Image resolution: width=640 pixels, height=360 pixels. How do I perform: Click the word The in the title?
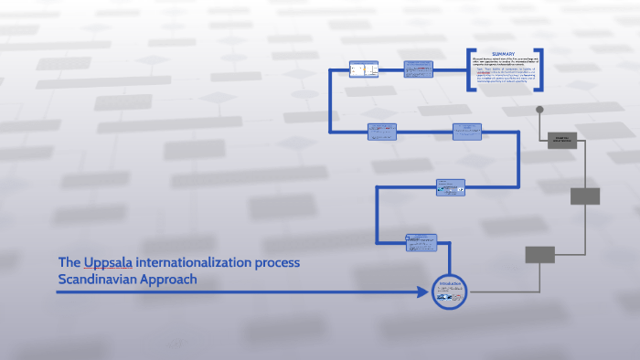(x=69, y=263)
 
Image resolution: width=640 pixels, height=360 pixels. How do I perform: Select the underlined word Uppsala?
(x=108, y=263)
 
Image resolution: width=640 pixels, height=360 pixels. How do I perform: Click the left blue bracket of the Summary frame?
(x=470, y=69)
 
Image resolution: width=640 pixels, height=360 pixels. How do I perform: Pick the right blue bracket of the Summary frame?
(x=540, y=69)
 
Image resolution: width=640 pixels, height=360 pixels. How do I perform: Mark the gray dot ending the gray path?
(x=539, y=110)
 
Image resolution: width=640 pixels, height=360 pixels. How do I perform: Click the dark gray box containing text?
(x=561, y=140)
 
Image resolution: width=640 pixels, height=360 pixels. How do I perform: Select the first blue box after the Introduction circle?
(x=421, y=242)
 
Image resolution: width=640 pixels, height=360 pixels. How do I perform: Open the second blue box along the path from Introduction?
(x=451, y=185)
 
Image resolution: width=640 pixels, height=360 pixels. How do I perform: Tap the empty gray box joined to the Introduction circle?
(x=539, y=255)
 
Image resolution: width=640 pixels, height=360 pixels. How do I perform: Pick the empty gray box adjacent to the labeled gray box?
(x=585, y=196)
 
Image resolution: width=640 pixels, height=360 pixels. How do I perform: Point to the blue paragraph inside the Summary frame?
(x=505, y=72)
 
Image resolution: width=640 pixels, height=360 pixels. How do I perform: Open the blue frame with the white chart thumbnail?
(x=364, y=69)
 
